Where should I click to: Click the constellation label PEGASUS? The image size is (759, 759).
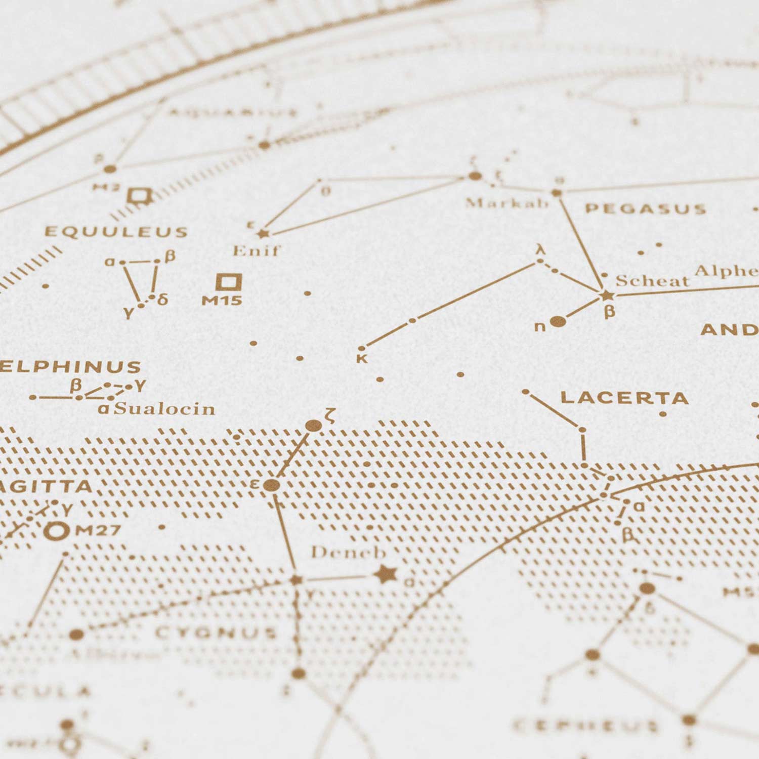(x=645, y=208)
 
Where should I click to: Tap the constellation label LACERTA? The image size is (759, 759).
(x=624, y=398)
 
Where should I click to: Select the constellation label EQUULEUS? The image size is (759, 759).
(x=116, y=232)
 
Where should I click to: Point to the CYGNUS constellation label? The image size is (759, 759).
(x=217, y=632)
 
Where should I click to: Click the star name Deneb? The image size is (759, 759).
(x=348, y=552)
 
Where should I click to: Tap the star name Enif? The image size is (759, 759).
(x=256, y=250)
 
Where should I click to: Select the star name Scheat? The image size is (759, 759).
(x=652, y=281)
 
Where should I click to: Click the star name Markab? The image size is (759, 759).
(x=507, y=203)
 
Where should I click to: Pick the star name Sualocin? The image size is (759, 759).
(x=164, y=408)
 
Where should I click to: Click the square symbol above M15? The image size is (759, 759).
(x=229, y=281)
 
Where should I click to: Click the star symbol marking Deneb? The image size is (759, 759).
(x=386, y=574)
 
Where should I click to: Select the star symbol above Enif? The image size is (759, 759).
(x=262, y=233)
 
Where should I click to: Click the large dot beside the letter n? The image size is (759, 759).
(x=558, y=321)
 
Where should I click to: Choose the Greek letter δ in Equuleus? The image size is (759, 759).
(x=162, y=299)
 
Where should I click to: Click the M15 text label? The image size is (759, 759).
(x=222, y=301)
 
